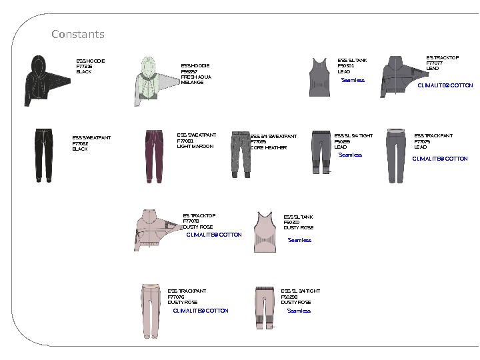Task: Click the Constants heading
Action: point(78,34)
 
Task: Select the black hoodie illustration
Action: point(38,81)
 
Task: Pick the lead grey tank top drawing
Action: point(319,77)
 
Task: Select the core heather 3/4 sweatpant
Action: point(240,153)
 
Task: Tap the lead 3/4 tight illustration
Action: point(321,152)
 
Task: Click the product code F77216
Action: point(84,67)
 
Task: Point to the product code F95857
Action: point(189,71)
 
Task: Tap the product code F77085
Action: point(258,142)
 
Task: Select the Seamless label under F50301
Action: point(353,81)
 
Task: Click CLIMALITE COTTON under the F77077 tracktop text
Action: point(445,86)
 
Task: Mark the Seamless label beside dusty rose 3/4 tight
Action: point(299,311)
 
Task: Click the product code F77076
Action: point(176,297)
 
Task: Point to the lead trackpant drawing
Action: point(397,155)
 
